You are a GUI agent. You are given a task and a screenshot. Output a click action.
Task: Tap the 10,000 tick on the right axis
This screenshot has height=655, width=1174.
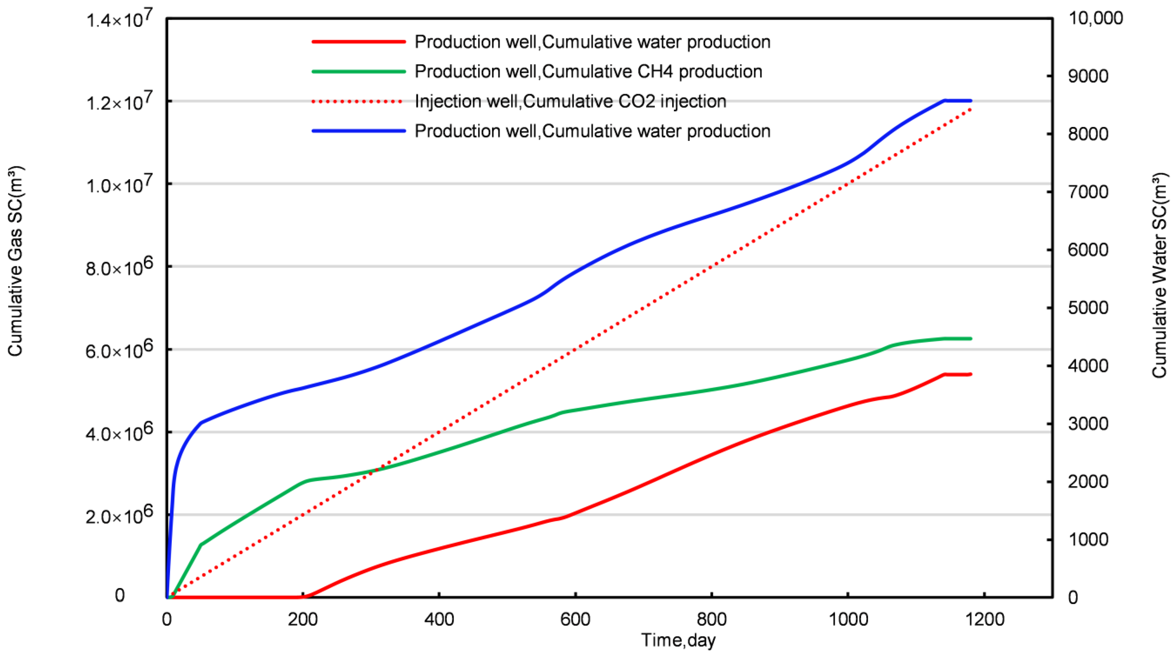tap(1095, 18)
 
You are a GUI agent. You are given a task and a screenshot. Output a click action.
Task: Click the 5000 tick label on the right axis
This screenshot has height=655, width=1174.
tap(1088, 308)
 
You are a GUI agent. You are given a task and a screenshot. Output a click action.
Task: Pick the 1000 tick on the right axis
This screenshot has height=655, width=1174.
tap(1088, 540)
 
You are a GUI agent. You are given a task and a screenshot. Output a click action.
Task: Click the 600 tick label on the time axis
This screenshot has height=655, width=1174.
tap(576, 619)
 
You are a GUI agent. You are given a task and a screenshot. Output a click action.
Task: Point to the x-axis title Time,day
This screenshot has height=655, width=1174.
tap(678, 640)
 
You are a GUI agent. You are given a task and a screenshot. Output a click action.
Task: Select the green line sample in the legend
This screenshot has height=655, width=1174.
tap(358, 72)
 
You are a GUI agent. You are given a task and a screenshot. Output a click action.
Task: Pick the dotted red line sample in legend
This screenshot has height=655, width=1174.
tap(358, 101)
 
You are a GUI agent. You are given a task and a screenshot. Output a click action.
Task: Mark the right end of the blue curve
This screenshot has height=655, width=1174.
tap(971, 101)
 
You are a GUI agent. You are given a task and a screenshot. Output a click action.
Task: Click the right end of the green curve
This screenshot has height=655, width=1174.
tap(971, 339)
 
